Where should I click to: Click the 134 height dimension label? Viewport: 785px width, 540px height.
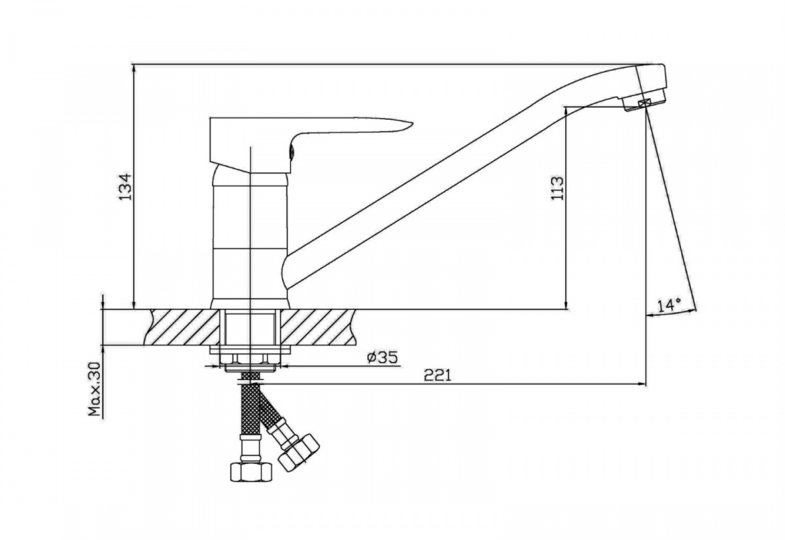coord(126,186)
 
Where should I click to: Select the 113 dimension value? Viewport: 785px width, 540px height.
coord(557,189)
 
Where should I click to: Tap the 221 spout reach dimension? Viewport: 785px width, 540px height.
coord(438,375)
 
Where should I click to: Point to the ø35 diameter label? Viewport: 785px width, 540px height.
coord(382,357)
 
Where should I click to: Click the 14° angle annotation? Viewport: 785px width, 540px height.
coord(669,305)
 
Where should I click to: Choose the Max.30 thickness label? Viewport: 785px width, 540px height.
coord(95,394)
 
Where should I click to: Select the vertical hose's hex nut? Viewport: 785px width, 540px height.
coord(251,472)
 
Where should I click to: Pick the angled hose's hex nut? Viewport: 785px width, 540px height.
coord(298,454)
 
